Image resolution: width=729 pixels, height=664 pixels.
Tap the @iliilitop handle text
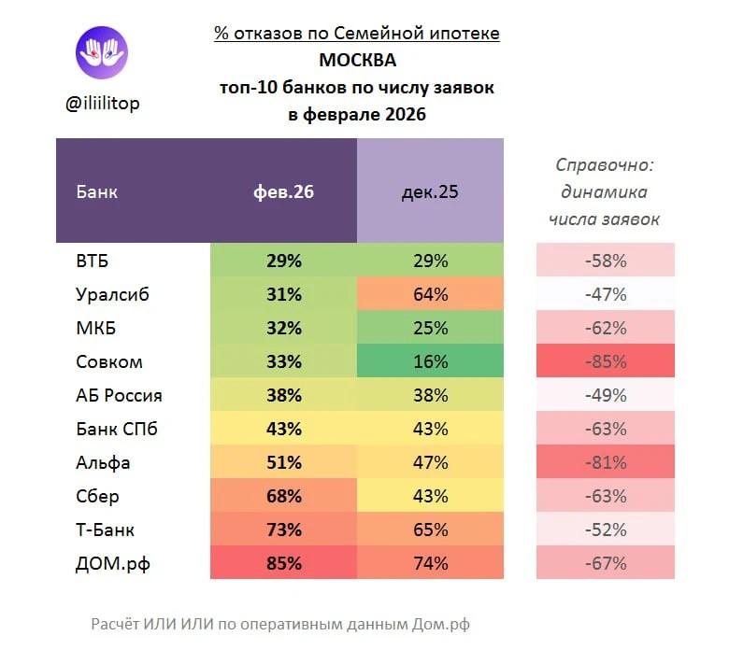pos(103,104)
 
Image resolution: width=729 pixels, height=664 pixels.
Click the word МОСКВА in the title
pos(357,61)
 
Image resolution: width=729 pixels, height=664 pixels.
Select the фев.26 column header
pos(283,192)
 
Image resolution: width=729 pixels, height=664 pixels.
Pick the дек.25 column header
pos(430,192)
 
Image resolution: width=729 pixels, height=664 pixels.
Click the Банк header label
pos(96,192)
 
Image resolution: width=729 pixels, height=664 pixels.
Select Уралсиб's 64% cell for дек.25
pos(430,294)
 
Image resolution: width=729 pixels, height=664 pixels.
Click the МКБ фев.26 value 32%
pos(283,328)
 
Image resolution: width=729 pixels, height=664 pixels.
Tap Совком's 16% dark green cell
pos(430,361)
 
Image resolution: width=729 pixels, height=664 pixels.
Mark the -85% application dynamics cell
pos(605,361)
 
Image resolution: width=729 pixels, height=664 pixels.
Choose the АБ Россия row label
pos(119,395)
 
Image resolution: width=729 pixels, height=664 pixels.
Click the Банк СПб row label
pos(116,429)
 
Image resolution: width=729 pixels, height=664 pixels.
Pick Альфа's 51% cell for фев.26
pos(283,462)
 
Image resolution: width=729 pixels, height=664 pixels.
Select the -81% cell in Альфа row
pos(605,462)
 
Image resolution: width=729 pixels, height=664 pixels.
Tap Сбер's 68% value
pos(283,496)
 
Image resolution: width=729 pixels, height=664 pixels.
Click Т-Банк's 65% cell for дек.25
pos(430,530)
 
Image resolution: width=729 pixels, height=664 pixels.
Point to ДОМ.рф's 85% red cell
pos(283,563)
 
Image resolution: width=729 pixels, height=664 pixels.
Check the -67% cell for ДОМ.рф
pos(605,563)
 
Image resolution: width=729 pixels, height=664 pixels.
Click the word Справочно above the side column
pos(605,165)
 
